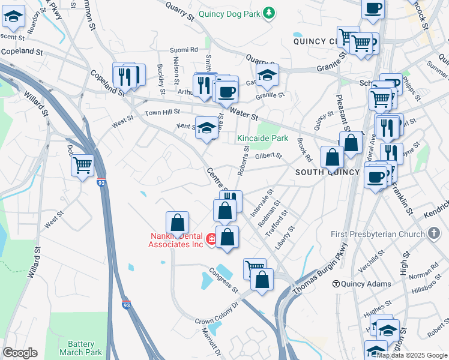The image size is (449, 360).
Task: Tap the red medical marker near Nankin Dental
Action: pos(211,239)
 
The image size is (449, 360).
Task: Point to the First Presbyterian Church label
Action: pos(378,233)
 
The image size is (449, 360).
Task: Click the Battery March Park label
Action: pos(81,348)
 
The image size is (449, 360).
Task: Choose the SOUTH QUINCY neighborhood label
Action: pos(327,172)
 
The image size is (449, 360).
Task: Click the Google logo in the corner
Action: pos(20,353)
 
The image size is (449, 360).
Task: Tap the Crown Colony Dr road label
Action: pos(216,313)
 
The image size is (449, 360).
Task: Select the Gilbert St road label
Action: pos(268,156)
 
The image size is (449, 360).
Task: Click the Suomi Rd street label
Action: pos(184,50)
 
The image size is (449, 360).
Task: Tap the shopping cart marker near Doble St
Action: pos(82,164)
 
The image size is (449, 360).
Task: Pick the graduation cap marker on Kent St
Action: pos(206,127)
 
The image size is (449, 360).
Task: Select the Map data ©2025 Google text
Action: pos(412,355)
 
